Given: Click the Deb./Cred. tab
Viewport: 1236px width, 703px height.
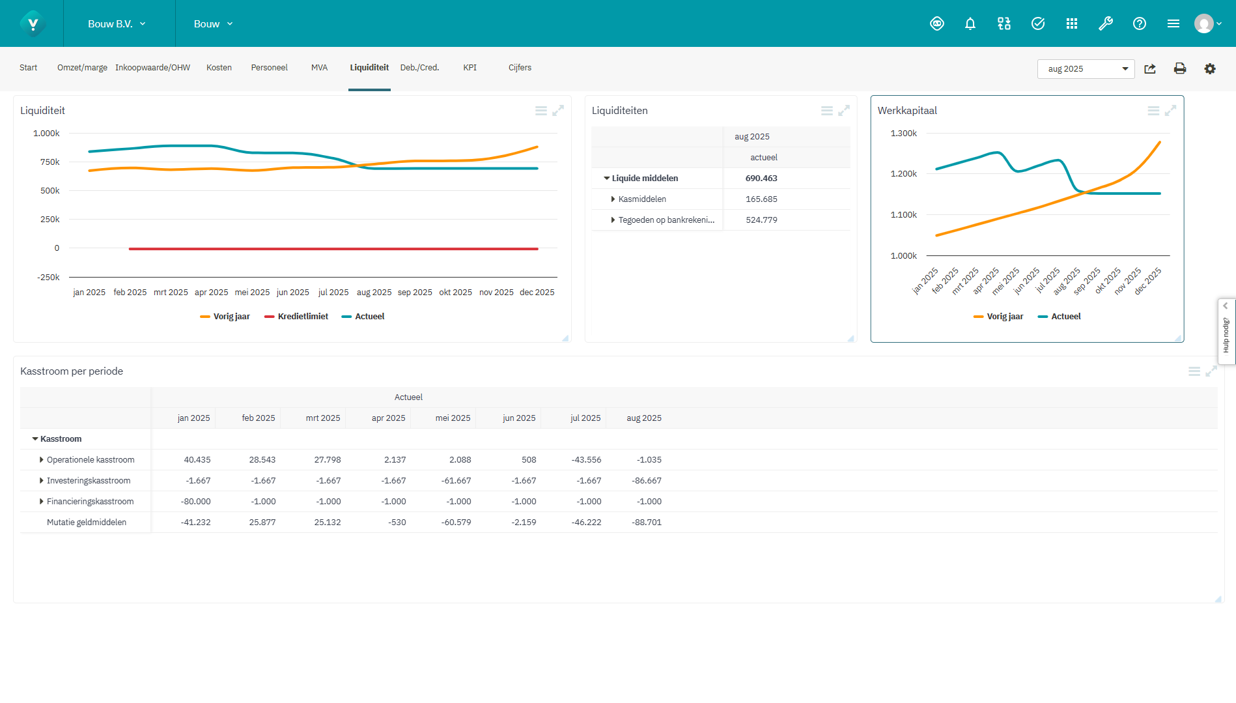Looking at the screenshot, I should [419, 68].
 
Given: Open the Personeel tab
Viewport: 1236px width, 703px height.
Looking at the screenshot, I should [269, 68].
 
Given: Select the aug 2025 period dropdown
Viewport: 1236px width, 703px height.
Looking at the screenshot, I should [1085, 69].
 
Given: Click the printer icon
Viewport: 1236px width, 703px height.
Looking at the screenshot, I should [1179, 69].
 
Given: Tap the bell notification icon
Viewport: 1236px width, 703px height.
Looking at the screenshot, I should [970, 24].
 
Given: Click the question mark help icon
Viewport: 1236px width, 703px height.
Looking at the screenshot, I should [1139, 24].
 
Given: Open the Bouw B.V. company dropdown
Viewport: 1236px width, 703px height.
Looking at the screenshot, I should [117, 24].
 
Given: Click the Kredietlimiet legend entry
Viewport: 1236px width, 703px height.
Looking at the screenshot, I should [296, 317].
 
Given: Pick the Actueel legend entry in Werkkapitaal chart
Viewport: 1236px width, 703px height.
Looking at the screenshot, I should [1060, 317].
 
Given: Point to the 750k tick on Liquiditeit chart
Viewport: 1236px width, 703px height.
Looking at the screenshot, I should [50, 162].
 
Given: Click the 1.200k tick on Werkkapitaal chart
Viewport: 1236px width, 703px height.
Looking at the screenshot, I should [903, 174].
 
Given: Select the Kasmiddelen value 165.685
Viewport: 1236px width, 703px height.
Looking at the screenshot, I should [761, 199].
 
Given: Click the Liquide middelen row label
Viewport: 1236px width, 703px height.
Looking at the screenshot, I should [645, 179].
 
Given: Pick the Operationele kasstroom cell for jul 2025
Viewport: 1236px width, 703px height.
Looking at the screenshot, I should [586, 460].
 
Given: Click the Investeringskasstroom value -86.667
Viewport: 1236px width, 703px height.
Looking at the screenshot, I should [646, 481].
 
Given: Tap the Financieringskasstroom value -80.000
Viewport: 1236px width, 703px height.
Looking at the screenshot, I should [195, 502].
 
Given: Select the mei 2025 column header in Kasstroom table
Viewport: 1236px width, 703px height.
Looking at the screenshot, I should [453, 418].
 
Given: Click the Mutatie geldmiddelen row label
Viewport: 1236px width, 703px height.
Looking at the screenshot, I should [87, 523].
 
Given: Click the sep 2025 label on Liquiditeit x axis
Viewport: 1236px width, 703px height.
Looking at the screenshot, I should [415, 293].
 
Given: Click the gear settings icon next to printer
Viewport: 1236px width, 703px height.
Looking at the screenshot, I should [1209, 69].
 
